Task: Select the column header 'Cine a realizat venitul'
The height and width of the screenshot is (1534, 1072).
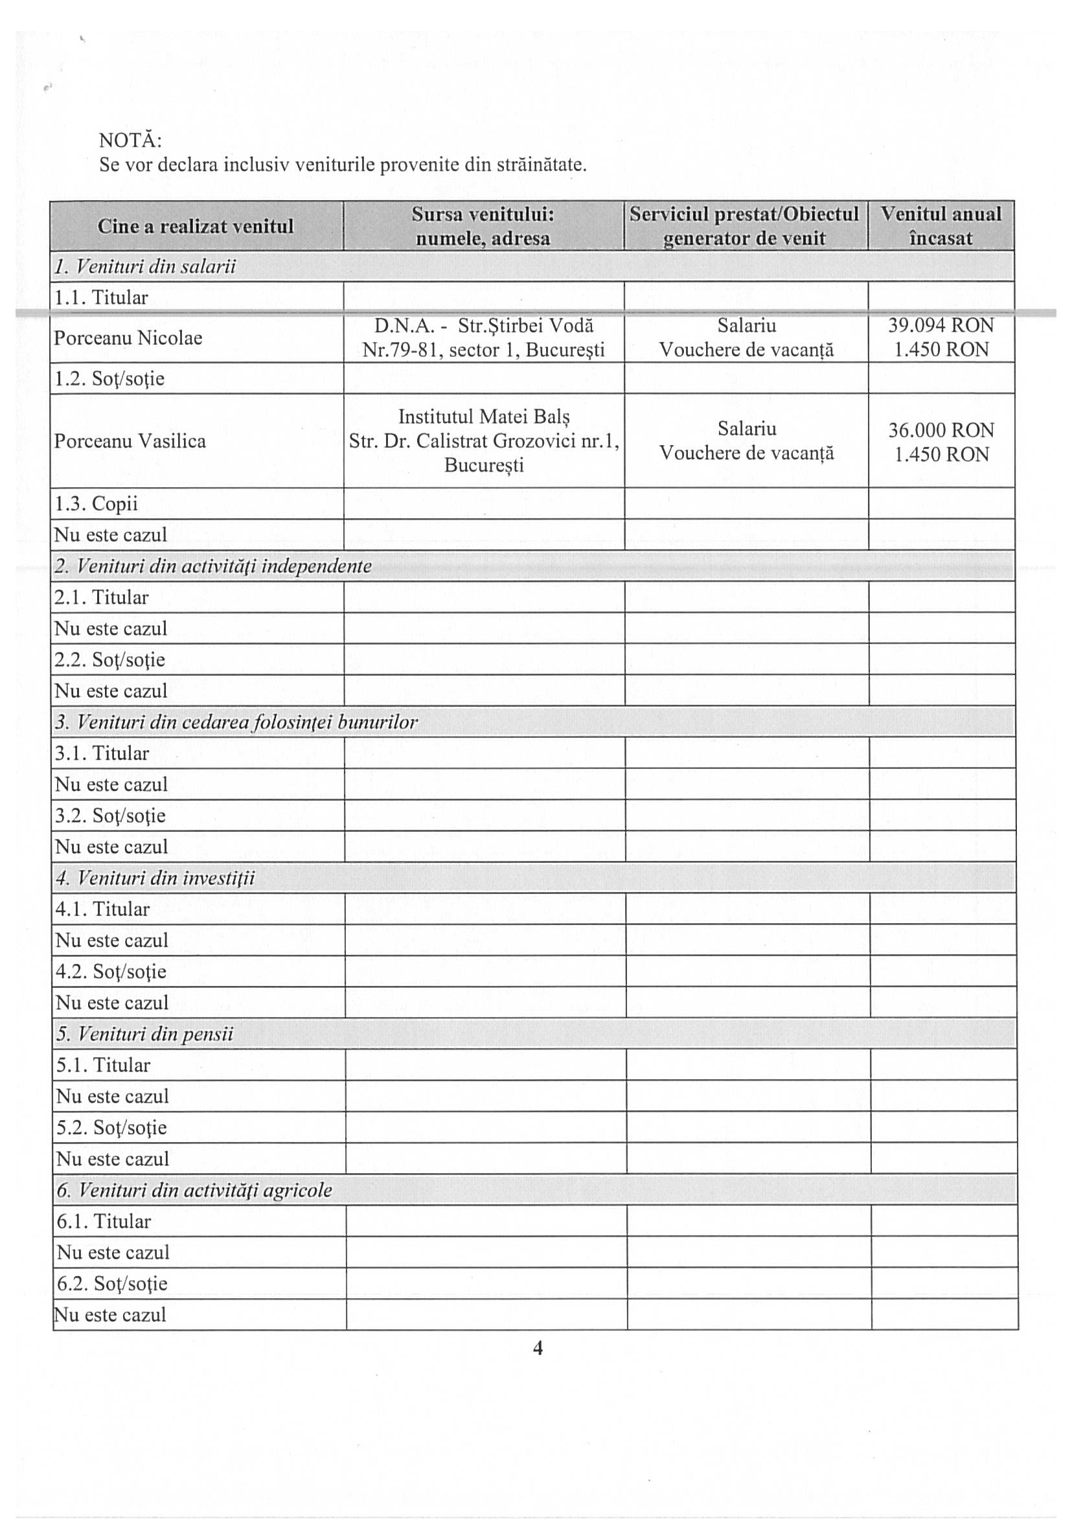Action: point(196,227)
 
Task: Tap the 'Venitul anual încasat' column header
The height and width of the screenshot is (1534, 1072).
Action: point(941,226)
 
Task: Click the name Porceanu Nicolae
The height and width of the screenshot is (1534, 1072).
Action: point(128,338)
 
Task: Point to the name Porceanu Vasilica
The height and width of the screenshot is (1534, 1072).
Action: point(130,441)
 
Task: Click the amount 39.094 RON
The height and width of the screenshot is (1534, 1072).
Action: point(941,325)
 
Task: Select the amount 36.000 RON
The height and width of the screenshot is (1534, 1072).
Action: point(941,429)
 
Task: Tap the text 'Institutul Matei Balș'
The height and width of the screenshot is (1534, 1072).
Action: point(485,417)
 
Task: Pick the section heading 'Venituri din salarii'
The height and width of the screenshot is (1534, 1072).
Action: point(146,267)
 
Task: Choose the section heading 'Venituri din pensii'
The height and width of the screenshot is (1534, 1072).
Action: point(146,1035)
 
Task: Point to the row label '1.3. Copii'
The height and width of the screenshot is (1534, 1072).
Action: point(96,503)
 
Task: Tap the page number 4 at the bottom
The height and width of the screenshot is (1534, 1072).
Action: point(537,1348)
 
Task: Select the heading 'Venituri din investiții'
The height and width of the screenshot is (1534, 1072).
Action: point(155,878)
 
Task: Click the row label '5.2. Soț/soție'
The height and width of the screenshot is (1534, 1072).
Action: point(111,1128)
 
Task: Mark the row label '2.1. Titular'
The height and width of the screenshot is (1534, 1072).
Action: point(102,597)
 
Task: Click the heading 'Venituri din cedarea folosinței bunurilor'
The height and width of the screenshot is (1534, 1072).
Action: point(236,722)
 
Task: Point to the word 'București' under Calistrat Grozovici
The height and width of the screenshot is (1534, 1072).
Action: point(485,465)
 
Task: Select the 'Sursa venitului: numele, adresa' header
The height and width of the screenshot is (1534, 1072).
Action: point(483,226)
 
